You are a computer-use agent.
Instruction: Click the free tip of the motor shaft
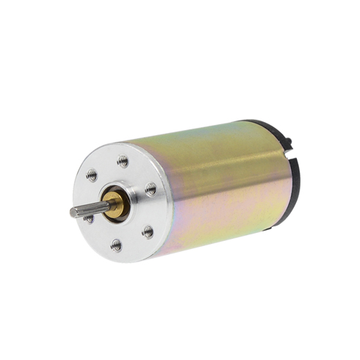point(73,213)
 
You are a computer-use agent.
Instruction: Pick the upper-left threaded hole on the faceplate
point(92,175)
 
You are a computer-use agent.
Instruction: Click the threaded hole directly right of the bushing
point(151,189)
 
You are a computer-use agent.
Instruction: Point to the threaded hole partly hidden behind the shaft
point(89,217)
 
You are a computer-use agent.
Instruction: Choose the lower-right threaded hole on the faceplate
point(147,231)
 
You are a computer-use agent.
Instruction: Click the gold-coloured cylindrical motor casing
point(220,184)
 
